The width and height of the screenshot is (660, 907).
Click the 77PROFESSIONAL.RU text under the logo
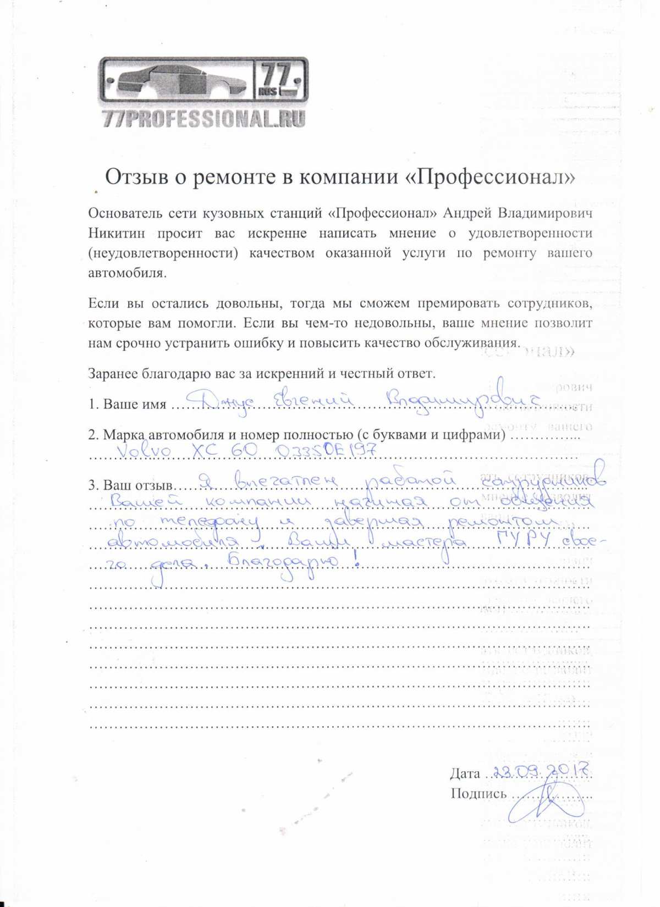click(204, 119)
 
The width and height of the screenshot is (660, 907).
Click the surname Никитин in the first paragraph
click(117, 233)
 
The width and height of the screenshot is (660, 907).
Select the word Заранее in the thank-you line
click(113, 374)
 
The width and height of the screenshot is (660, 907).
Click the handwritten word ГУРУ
click(522, 542)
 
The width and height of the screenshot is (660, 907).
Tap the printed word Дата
click(465, 774)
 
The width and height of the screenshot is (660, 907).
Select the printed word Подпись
click(478, 793)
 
